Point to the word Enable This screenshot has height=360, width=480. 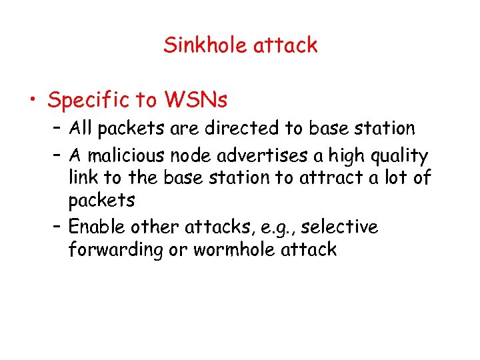click(96, 227)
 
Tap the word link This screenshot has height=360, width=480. click(83, 178)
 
